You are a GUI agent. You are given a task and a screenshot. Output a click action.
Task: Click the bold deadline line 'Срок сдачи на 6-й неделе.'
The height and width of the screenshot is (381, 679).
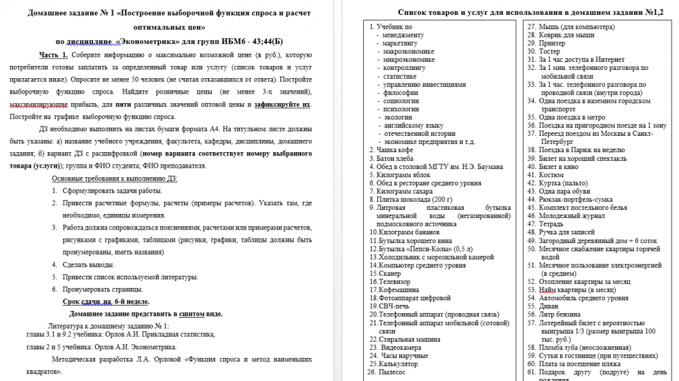(106, 302)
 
